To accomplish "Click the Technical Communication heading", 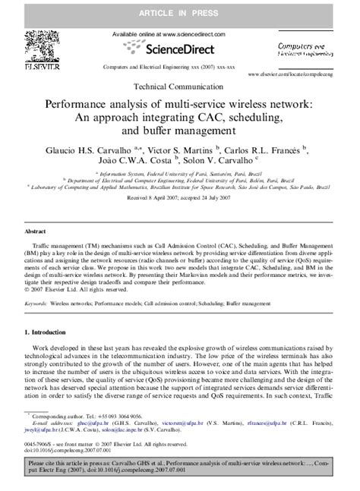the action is coord(179,87).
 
